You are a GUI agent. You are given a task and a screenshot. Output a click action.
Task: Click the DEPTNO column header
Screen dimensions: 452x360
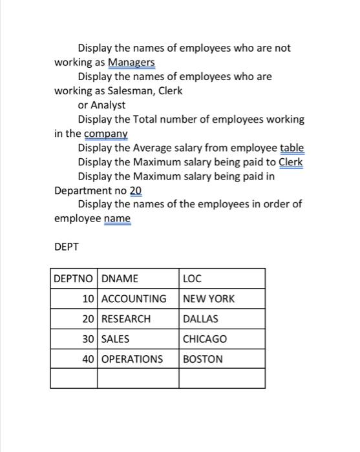(73, 279)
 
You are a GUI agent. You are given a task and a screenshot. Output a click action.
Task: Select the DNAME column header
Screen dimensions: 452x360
(120, 279)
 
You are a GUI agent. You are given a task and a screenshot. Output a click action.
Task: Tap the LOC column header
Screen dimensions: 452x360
(193, 279)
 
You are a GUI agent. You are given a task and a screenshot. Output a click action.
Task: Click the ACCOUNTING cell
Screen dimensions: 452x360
(134, 299)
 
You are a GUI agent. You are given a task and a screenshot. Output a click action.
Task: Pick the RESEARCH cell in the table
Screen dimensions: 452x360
(126, 319)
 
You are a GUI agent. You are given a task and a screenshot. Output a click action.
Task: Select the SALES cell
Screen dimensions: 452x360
(116, 339)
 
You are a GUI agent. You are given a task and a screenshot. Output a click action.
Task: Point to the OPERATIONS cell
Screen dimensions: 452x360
(132, 359)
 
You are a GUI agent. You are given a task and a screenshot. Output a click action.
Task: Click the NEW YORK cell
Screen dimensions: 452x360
(209, 299)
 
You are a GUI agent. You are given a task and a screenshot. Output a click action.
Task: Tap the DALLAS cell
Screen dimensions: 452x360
(201, 319)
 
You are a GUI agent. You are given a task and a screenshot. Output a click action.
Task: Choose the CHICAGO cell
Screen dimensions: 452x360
(205, 339)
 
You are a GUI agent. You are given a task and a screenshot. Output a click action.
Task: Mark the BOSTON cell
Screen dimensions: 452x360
(203, 359)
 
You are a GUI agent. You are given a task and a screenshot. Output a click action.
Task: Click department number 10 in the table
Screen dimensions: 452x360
(88, 299)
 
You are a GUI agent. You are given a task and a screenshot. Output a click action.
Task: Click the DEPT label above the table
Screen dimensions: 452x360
(66, 246)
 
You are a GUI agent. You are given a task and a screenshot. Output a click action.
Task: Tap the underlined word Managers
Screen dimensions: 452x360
(131, 62)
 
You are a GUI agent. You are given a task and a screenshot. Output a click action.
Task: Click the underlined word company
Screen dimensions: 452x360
(106, 134)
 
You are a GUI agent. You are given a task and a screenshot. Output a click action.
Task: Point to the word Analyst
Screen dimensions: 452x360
(108, 105)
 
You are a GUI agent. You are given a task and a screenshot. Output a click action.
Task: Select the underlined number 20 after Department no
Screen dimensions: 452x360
(135, 191)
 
